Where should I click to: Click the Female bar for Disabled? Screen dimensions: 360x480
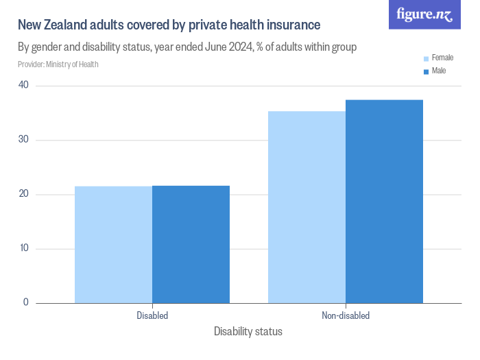113,245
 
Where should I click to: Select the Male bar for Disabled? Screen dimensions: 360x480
191,244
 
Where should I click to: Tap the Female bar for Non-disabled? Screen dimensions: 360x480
307,207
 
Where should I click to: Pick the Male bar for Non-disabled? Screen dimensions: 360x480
384,202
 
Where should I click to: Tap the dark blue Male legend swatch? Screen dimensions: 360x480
426,71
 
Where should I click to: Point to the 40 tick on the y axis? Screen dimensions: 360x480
23,85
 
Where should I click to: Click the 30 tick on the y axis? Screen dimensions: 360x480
23,139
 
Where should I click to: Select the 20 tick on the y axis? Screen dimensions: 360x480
23,194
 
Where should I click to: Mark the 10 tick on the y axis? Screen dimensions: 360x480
23,248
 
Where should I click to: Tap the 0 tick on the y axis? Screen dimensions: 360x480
26,302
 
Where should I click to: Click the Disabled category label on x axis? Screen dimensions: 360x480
152,316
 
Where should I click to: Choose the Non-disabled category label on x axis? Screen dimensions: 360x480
346,316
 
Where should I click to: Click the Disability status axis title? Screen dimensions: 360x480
248,332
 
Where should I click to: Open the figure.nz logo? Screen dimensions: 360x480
424,14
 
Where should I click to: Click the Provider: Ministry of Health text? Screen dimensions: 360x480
58,64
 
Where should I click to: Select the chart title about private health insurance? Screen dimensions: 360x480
169,25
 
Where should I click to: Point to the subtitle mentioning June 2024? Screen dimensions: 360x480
187,47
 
